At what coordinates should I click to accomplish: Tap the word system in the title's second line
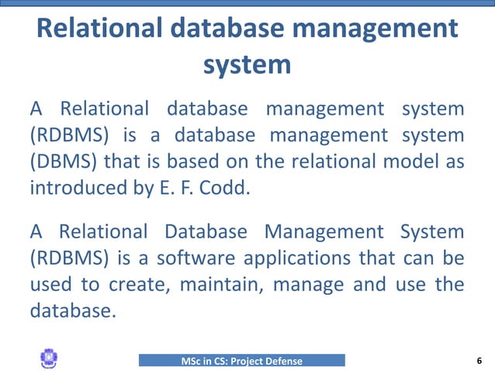[247, 64]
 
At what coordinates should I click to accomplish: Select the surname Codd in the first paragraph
[227, 187]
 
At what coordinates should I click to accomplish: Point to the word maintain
[215, 283]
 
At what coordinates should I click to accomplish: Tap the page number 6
[479, 360]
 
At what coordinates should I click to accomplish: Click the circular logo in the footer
[48, 359]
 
